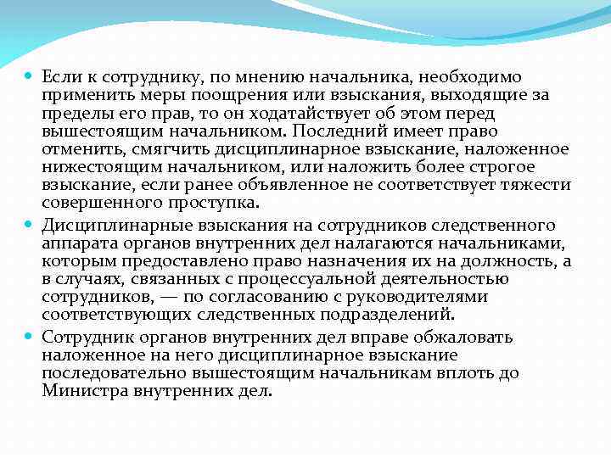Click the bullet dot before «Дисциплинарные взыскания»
click(29, 226)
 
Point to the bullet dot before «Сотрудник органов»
click(29, 337)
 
